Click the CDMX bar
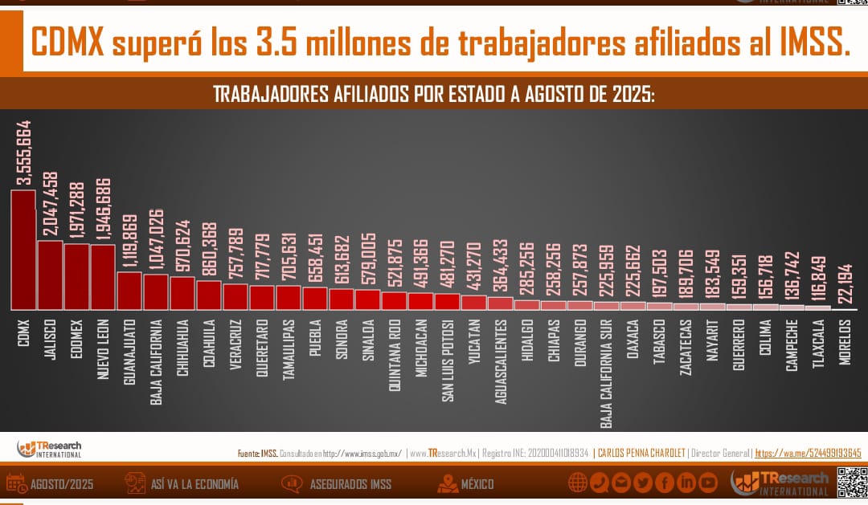(x=23, y=250)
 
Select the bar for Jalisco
(x=50, y=275)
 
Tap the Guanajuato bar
(x=129, y=291)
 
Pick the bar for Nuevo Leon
(x=103, y=277)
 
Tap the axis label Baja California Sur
(x=607, y=372)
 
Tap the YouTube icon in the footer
(x=708, y=483)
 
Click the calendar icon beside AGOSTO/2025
(x=16, y=483)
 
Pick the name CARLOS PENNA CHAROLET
(x=641, y=454)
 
